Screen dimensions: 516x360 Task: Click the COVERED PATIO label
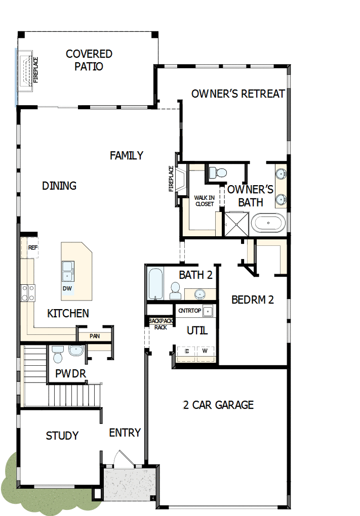pyautogui.click(x=89, y=60)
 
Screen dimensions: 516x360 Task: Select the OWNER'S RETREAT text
pyautogui.click(x=237, y=94)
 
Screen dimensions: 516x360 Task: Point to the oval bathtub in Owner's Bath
pyautogui.click(x=269, y=223)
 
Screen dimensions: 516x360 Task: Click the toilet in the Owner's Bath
pyautogui.click(x=220, y=173)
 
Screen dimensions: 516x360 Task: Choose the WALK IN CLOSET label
pyautogui.click(x=204, y=201)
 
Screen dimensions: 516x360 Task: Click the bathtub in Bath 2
pyautogui.click(x=155, y=284)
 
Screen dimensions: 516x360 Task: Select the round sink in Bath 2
pyautogui.click(x=199, y=294)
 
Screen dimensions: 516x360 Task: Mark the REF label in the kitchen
pyautogui.click(x=33, y=248)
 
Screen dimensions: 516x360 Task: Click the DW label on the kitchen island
pyautogui.click(x=67, y=288)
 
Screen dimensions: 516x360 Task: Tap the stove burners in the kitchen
pyautogui.click(x=27, y=293)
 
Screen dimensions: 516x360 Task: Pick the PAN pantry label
pyautogui.click(x=94, y=336)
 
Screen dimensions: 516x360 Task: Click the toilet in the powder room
pyautogui.click(x=57, y=354)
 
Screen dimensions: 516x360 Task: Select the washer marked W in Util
pyautogui.click(x=205, y=351)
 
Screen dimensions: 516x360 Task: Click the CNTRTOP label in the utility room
pyautogui.click(x=190, y=311)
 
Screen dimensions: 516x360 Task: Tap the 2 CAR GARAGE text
pyautogui.click(x=218, y=405)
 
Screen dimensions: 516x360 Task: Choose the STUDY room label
pyautogui.click(x=62, y=436)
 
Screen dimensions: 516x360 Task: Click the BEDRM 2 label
pyautogui.click(x=252, y=299)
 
